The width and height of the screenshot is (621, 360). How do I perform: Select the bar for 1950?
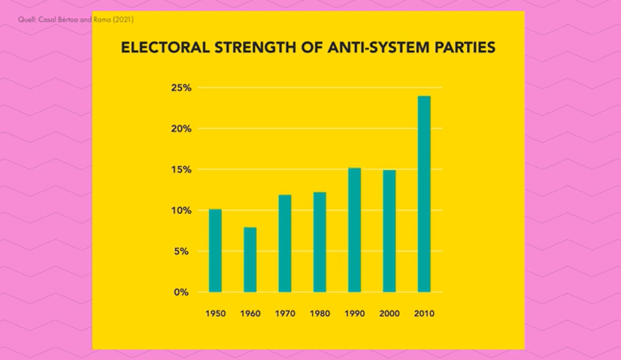215,250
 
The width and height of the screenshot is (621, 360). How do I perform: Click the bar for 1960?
250,259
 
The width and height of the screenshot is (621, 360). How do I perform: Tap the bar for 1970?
285,243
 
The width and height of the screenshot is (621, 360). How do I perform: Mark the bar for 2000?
389,231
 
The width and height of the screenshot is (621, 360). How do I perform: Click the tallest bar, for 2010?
424,193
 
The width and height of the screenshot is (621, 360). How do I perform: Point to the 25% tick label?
181,88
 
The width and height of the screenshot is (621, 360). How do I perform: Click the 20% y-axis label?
181,129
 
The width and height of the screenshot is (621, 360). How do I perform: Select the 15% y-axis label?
181,170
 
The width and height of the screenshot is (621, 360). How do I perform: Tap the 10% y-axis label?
181,210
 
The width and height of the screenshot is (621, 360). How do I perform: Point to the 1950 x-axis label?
215,314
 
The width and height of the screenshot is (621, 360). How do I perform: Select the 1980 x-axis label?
320,314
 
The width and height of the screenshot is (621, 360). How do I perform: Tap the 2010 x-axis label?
424,314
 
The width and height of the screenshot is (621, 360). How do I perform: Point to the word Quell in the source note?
25,20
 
